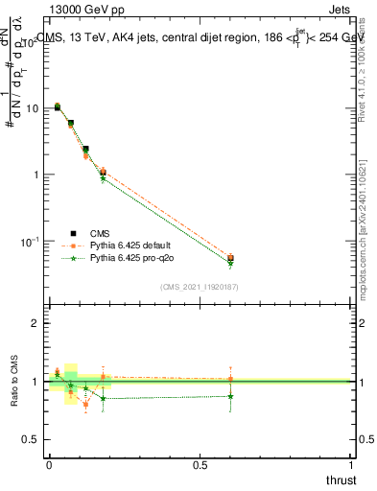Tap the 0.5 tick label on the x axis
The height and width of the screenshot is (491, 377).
(x=200, y=465)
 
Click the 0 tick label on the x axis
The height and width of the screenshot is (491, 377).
(x=49, y=465)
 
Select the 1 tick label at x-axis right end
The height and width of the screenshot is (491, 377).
(x=351, y=465)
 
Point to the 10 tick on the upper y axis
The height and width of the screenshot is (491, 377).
(x=32, y=108)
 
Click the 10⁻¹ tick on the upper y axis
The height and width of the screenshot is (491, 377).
(x=30, y=241)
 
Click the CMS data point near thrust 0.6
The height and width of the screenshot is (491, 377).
(x=230, y=258)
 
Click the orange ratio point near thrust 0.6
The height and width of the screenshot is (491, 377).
(x=230, y=379)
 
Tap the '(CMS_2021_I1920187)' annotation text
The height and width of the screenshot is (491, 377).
(x=200, y=286)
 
